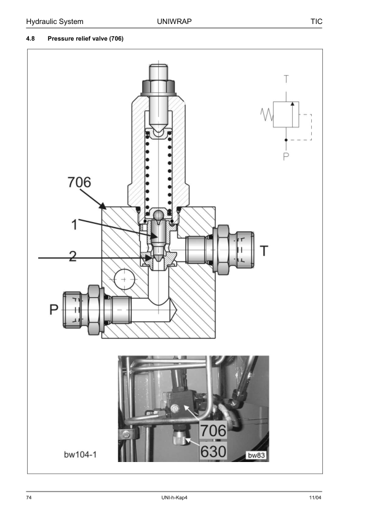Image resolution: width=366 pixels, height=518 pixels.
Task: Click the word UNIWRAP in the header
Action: (174, 22)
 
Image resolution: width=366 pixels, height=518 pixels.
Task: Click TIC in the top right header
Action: (316, 22)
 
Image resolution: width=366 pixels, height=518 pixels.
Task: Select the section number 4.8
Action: (30, 39)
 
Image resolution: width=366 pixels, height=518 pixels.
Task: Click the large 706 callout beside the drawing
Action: (79, 182)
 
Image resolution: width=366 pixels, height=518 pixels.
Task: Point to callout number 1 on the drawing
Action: (74, 225)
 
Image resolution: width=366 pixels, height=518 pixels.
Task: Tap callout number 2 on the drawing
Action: (73, 256)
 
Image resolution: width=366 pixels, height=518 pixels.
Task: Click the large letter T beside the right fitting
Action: (264, 251)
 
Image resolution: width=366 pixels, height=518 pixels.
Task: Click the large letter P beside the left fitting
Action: (54, 310)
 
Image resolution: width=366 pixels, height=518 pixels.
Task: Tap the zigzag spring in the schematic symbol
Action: (267, 114)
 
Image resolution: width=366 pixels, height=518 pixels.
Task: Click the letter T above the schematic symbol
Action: (286, 79)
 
